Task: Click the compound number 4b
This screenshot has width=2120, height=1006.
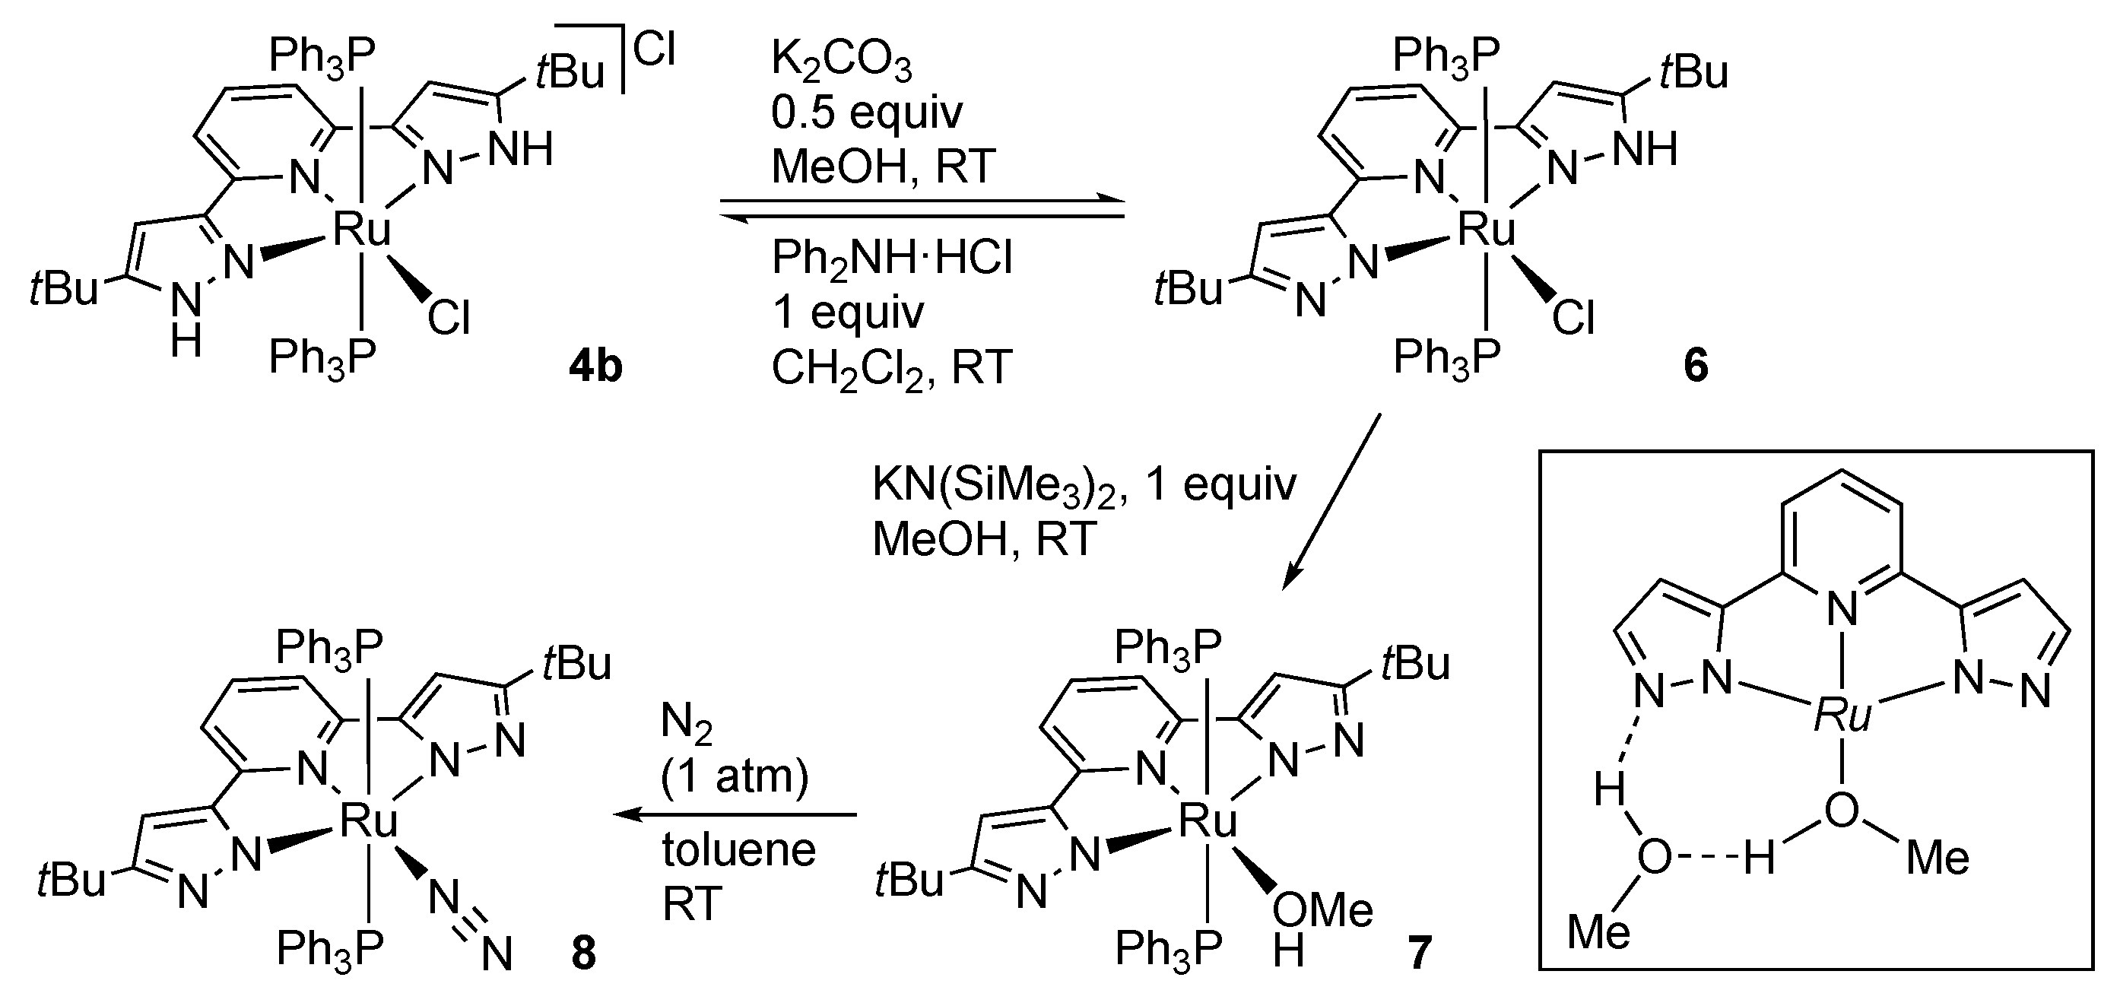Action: pyautogui.click(x=595, y=367)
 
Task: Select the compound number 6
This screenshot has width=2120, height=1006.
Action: pyautogui.click(x=1696, y=367)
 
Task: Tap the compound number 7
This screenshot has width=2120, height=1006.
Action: pyautogui.click(x=1420, y=953)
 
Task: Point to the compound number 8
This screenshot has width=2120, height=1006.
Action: pyautogui.click(x=582, y=953)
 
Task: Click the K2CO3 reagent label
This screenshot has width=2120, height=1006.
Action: pyautogui.click(x=841, y=62)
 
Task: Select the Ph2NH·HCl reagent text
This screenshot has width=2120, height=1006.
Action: pyautogui.click(x=891, y=258)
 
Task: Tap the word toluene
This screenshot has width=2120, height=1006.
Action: pyautogui.click(x=738, y=849)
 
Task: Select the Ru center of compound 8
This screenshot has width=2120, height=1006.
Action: pyautogui.click(x=368, y=820)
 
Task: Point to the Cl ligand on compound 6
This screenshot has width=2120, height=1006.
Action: pyautogui.click(x=1573, y=318)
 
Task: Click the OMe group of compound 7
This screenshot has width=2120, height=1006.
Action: pyautogui.click(x=1322, y=911)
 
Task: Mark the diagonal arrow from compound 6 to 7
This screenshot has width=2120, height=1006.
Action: pyautogui.click(x=1331, y=501)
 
